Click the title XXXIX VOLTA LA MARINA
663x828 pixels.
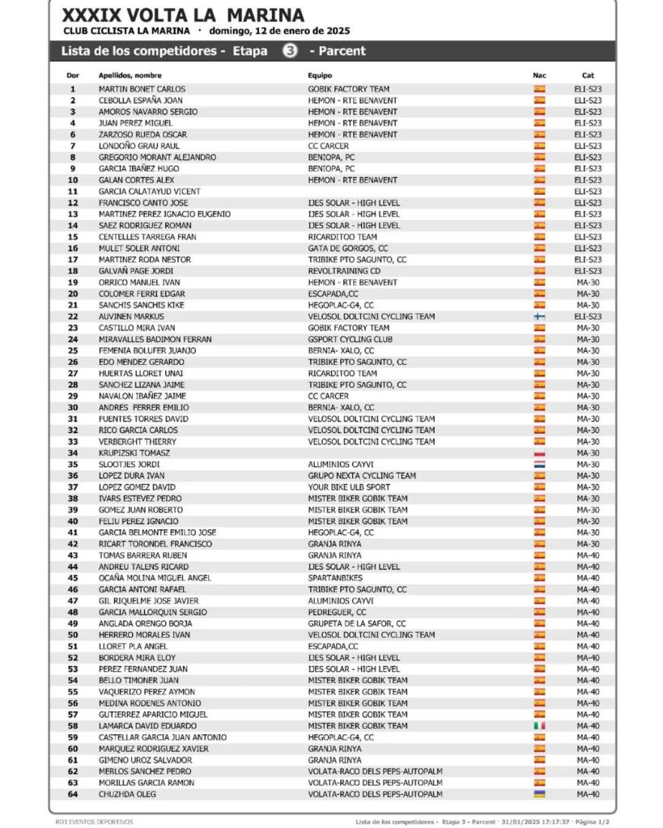(183, 15)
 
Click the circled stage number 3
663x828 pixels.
(289, 51)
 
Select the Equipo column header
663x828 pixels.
(321, 75)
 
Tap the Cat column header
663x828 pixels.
(588, 75)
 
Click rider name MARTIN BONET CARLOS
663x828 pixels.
(142, 89)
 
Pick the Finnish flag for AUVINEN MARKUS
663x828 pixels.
(540, 316)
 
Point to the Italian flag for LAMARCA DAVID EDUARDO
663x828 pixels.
(540, 726)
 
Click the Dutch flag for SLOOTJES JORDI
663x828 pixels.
(540, 465)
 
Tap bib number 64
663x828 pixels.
(73, 795)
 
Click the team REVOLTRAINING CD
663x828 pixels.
(344, 271)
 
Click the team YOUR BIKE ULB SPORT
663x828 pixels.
(349, 487)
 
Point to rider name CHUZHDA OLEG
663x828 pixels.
(127, 795)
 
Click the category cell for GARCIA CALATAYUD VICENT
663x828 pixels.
(588, 191)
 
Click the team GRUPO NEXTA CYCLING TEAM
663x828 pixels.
(362, 476)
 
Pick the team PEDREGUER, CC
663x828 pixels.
(337, 612)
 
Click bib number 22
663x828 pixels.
(73, 316)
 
